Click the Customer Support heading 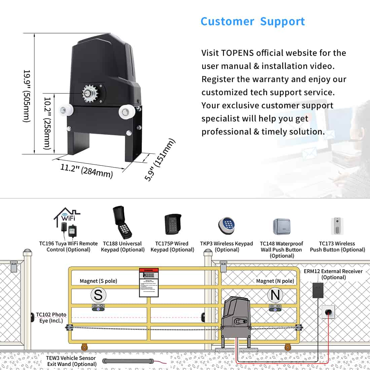(253, 22)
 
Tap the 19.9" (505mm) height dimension (27, 96)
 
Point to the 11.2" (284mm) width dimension (86, 170)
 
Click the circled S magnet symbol (98, 295)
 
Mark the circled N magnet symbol (275, 295)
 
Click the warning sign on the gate (149, 283)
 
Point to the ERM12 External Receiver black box (318, 290)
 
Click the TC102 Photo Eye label (51, 318)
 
